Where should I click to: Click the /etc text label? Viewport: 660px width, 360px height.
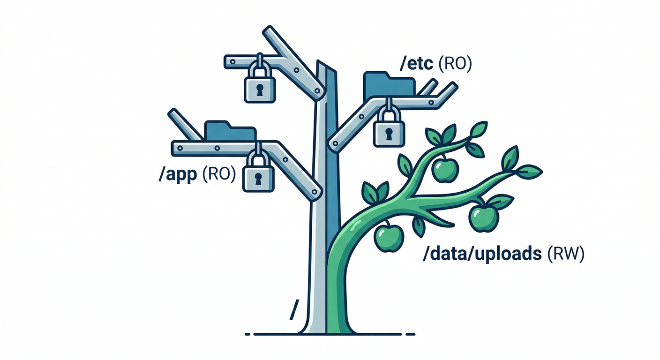tap(415, 64)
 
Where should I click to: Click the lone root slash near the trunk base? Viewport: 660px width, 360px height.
tap(294, 311)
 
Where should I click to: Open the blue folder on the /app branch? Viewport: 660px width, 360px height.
tap(230, 130)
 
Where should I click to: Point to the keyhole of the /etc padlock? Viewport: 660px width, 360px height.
tap(389, 134)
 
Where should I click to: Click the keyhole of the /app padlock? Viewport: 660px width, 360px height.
tap(258, 179)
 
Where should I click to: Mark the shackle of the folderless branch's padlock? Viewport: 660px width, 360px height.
tap(260, 68)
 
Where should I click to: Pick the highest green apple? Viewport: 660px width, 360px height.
tap(444, 170)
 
